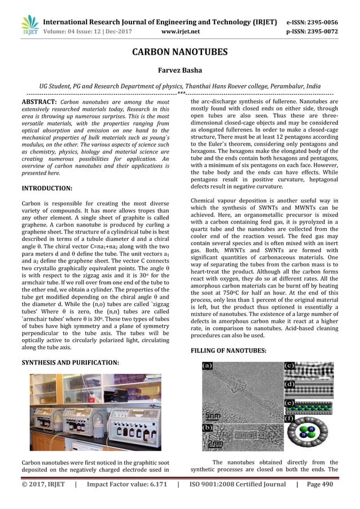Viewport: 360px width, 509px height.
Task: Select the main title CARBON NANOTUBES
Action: point(179,52)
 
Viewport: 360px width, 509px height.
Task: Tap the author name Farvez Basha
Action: point(179,72)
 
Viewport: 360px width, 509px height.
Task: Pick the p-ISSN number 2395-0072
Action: point(321,32)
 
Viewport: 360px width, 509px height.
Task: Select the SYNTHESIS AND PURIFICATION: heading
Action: point(69,362)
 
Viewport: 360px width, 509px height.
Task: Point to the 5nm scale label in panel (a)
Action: point(213,416)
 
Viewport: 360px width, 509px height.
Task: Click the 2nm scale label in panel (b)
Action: point(213,444)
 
